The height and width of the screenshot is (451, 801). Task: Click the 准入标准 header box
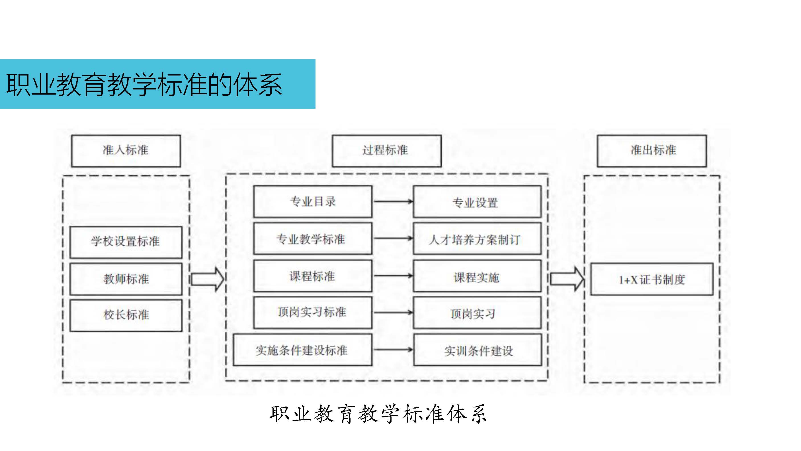pyautogui.click(x=126, y=151)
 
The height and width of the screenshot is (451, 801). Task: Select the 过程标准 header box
pyautogui.click(x=386, y=151)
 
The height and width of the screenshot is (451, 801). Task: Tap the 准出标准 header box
pyautogui.click(x=652, y=151)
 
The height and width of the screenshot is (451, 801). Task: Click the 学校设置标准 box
pyautogui.click(x=126, y=242)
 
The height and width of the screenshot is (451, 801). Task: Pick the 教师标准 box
pyautogui.click(x=126, y=279)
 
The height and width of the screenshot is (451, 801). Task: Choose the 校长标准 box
pyautogui.click(x=126, y=315)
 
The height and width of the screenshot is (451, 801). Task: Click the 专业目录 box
pyautogui.click(x=312, y=201)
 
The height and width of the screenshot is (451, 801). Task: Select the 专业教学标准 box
pyautogui.click(x=312, y=238)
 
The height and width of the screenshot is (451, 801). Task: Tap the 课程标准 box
pyautogui.click(x=312, y=276)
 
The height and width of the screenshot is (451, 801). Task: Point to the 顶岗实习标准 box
pyautogui.click(x=312, y=312)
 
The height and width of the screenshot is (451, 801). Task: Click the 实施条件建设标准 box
pyautogui.click(x=302, y=350)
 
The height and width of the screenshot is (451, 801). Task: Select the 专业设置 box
pyautogui.click(x=477, y=201)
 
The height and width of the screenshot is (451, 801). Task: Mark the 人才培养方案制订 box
pyautogui.click(x=477, y=238)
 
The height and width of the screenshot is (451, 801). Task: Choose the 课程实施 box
pyautogui.click(x=477, y=276)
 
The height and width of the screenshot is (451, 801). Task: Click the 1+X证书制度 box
pyautogui.click(x=652, y=279)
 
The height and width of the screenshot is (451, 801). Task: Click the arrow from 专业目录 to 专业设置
pyautogui.click(x=393, y=201)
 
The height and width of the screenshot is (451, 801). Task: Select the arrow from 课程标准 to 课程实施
pyautogui.click(x=393, y=276)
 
